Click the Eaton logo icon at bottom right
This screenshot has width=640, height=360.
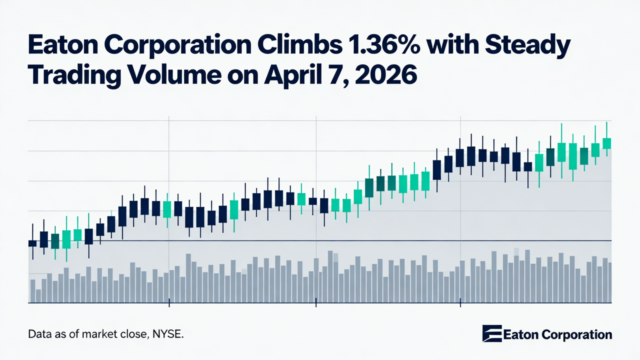pyautogui.click(x=491, y=334)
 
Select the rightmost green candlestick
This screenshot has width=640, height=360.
pyautogui.click(x=607, y=143)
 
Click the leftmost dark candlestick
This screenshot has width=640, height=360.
pyautogui.click(x=32, y=243)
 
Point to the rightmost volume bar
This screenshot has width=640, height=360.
pyautogui.click(x=610, y=282)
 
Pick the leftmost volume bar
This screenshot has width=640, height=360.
pyautogui.click(x=32, y=291)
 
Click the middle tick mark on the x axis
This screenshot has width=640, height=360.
pyautogui.click(x=316, y=303)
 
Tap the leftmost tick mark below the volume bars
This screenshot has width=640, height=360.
pyautogui.click(x=169, y=303)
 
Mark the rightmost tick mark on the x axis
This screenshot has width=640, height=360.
pyautogui.click(x=459, y=303)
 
